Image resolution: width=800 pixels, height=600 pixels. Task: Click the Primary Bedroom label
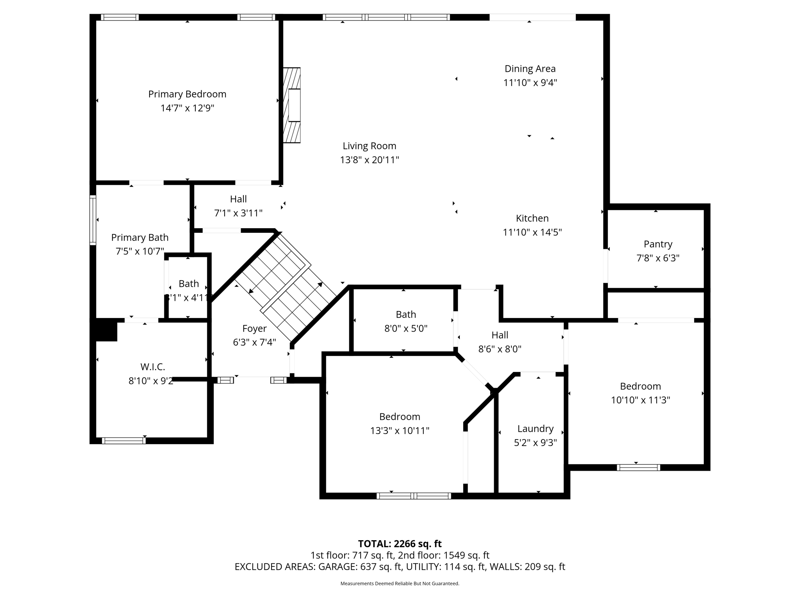coord(187,94)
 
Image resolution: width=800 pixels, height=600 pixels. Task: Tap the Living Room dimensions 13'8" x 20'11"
coord(369,160)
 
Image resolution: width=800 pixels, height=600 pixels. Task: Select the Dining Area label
coord(530,69)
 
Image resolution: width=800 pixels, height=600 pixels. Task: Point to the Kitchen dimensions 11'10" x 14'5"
coord(532,232)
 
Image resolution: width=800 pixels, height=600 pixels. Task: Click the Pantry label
coord(658,244)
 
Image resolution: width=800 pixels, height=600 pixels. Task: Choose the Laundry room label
coord(535,429)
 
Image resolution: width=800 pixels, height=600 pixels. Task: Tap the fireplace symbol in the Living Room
coord(292,105)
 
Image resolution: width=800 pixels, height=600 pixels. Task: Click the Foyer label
coord(254,329)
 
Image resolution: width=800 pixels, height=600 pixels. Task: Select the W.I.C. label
coord(153,367)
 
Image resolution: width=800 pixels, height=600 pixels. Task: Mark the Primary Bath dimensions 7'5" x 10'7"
coord(139,251)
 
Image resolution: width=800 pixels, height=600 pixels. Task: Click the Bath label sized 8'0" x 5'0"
coord(405,314)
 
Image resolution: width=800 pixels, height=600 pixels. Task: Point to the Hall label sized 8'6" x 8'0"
coord(500,335)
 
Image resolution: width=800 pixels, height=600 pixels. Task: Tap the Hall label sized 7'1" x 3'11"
coord(238,199)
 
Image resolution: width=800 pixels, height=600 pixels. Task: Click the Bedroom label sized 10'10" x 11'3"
coord(640,386)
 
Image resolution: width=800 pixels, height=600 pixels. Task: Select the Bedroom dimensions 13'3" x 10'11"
coord(400,430)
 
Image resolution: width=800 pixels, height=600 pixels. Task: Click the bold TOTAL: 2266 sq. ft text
coord(400,544)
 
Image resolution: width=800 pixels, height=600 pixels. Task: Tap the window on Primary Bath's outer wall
coord(93,220)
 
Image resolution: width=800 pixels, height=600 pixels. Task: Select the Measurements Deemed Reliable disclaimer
coord(400,584)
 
